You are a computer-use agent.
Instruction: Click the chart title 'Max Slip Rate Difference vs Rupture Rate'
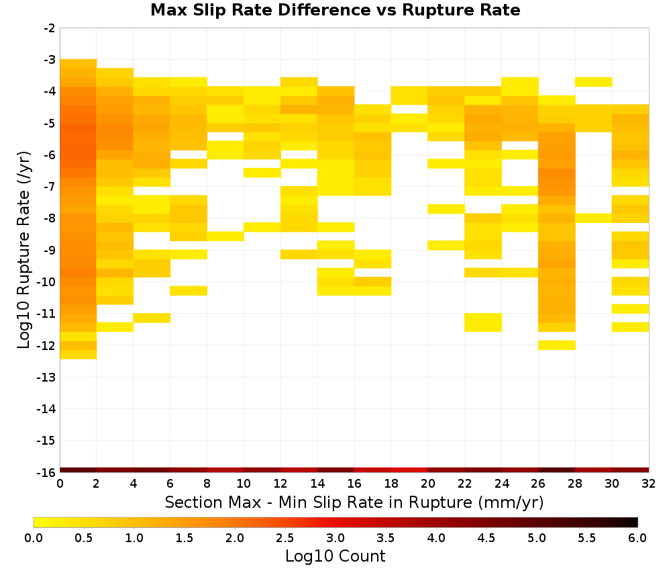click(335, 10)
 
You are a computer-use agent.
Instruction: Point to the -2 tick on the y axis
click(49, 28)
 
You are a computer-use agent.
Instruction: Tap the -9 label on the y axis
click(49, 250)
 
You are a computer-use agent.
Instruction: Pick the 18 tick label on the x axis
click(391, 484)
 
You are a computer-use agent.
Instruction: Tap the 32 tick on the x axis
click(649, 484)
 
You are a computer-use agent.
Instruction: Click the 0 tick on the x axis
click(60, 484)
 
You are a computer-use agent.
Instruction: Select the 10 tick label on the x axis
click(244, 484)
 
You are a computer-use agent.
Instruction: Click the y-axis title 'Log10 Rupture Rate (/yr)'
click(23, 250)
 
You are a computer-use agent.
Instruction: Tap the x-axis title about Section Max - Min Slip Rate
click(354, 502)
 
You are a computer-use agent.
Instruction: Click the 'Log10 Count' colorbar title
click(335, 556)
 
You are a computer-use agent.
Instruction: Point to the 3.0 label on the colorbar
click(335, 537)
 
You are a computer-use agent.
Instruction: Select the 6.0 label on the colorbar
click(637, 537)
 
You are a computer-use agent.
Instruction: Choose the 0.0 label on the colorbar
click(34, 537)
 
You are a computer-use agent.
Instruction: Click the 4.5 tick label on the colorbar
click(486, 537)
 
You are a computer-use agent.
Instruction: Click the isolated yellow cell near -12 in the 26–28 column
click(557, 345)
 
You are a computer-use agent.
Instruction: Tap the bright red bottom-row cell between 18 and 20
click(409, 470)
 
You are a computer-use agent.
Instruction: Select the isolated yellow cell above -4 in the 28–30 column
click(594, 82)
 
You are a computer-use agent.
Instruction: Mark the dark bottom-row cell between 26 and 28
click(557, 470)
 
